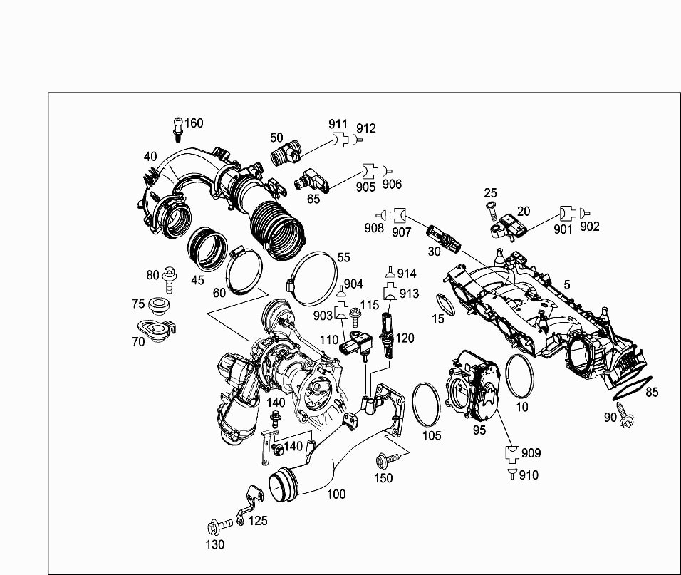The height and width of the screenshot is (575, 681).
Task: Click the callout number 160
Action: [194, 123]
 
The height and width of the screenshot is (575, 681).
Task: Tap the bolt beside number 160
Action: [177, 130]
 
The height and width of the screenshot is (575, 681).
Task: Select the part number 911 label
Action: [338, 124]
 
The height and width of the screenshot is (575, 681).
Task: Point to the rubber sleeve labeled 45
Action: [207, 249]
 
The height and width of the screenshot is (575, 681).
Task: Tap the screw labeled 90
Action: [625, 415]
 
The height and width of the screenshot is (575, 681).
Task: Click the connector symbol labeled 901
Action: [567, 213]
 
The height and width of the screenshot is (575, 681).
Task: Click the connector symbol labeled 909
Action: [512, 453]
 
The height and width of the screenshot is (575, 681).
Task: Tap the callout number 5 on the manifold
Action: [567, 285]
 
